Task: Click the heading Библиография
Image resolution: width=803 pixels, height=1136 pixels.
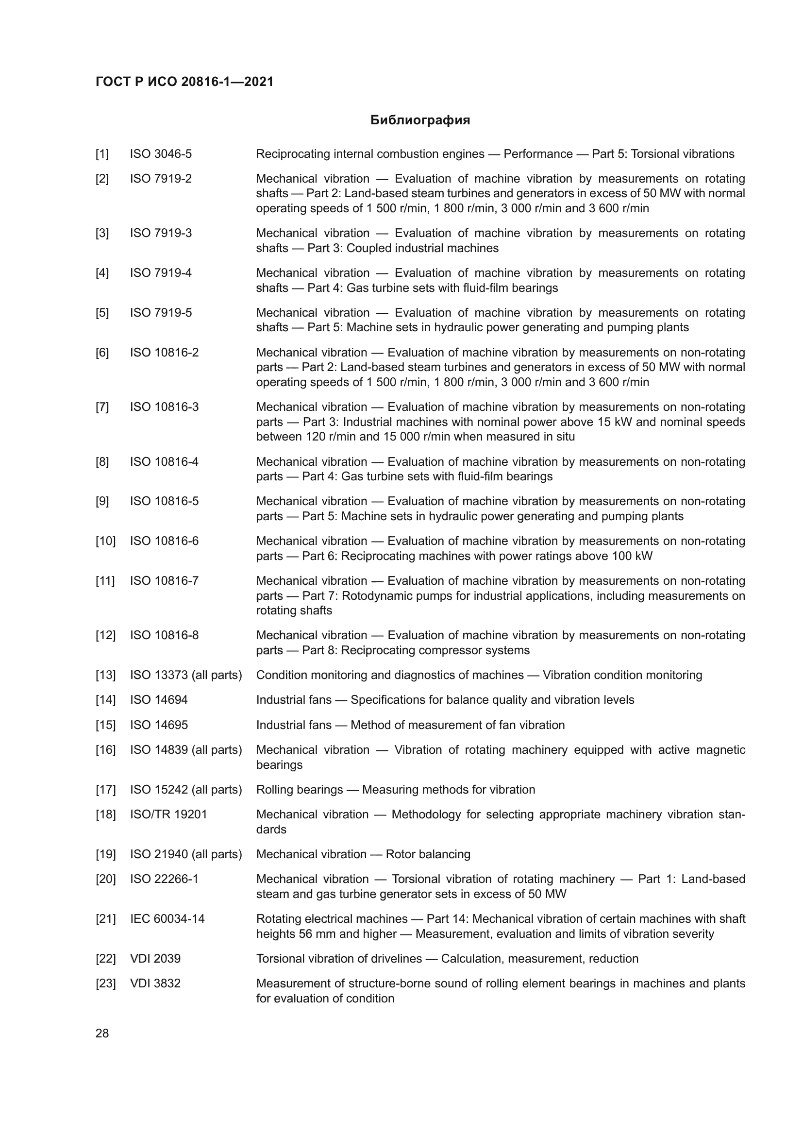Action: pos(420,120)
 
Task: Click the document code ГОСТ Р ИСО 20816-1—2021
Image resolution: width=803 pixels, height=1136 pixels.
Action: pos(184,82)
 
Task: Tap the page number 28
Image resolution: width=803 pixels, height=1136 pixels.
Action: pos(102,1033)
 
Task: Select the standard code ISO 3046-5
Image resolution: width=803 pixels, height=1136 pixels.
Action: pos(161,154)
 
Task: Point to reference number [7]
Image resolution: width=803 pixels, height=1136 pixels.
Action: pos(102,407)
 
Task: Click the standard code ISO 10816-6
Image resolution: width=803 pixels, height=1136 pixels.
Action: pos(164,541)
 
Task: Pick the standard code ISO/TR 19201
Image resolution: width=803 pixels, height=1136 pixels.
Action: pos(168,814)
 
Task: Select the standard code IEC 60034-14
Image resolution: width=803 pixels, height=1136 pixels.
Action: pos(167,919)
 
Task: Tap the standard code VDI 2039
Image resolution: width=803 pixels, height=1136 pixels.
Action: pos(155,958)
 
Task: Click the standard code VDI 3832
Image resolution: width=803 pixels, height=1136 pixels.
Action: pos(155,983)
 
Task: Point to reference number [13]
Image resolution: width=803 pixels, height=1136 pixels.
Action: pos(105,675)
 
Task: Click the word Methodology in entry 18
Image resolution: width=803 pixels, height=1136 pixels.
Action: pos(426,814)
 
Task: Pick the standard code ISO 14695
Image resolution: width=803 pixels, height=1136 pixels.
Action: pos(159,725)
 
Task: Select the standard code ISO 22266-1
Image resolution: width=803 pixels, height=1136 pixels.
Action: pos(164,879)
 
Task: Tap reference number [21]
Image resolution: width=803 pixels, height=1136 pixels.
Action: pos(105,919)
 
